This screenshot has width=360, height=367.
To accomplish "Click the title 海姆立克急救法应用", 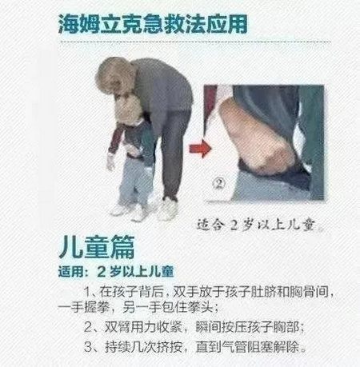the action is tap(153, 24).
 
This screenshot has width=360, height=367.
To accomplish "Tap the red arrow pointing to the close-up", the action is tap(200, 149).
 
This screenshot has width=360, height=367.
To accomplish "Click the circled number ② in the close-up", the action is tap(218, 183).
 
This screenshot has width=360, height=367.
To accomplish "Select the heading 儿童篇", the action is tap(97, 246).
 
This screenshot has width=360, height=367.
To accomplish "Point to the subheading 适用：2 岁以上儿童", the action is tap(116, 272).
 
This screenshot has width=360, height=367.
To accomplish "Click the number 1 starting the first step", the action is tap(87, 293).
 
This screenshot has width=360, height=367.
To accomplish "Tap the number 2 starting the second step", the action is tap(88, 327).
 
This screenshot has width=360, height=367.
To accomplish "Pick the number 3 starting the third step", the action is tap(88, 347).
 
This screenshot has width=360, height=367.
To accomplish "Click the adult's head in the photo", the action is tap(115, 77).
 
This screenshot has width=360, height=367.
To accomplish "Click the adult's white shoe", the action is tap(167, 209).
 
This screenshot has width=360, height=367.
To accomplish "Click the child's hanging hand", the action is tap(110, 162).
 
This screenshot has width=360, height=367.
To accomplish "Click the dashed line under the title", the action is tap(195, 42).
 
